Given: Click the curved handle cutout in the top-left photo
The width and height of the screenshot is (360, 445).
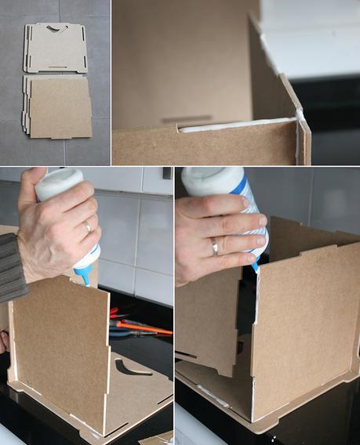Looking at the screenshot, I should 53,30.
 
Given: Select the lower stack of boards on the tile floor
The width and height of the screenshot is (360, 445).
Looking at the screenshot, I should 59,108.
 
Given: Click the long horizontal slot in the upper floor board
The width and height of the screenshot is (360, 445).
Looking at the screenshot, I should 54,67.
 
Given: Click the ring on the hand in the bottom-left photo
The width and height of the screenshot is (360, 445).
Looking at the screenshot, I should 87,227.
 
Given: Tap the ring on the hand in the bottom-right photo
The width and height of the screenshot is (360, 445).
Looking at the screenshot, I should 215,248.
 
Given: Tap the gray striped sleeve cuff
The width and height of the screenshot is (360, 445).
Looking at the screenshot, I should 11,266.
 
